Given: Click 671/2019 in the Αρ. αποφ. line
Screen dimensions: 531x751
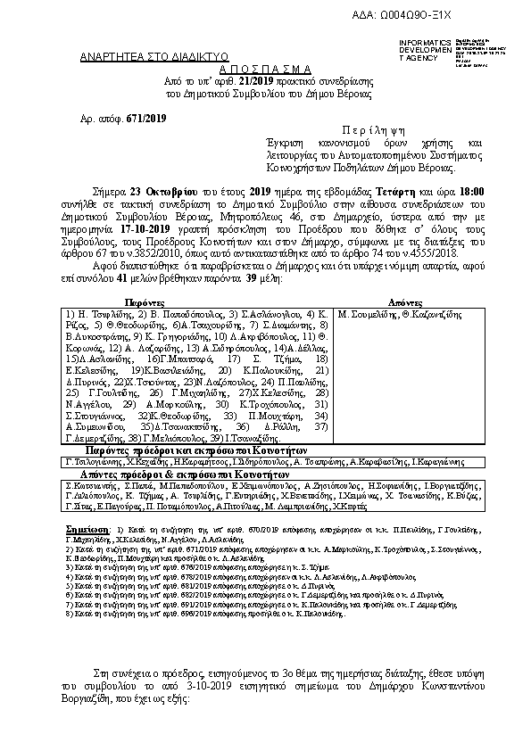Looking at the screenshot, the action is coord(146,118).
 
